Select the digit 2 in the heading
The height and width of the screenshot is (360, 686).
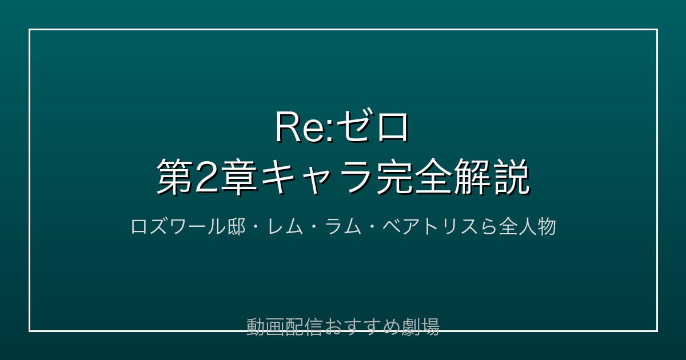pyautogui.click(x=206, y=177)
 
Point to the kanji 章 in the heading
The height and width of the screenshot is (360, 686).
pyautogui.click(x=238, y=177)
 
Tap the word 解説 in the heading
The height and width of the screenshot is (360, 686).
pyautogui.click(x=492, y=177)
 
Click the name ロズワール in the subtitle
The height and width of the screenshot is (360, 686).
pyautogui.click(x=178, y=227)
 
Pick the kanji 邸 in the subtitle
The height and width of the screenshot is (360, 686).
pyautogui.click(x=237, y=227)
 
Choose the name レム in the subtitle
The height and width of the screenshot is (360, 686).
pyautogui.click(x=285, y=227)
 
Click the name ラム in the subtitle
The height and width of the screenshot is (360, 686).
pyautogui.click(x=344, y=227)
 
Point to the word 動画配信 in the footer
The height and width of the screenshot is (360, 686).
pyautogui.click(x=284, y=327)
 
